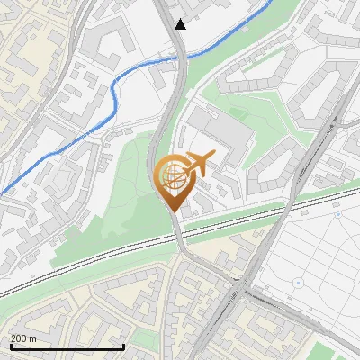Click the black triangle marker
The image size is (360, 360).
point(181,24)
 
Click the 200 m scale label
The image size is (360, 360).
point(24,338)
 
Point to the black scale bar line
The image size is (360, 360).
point(67,346)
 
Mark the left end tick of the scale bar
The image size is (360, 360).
point(11,345)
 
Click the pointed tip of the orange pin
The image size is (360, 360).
point(173,211)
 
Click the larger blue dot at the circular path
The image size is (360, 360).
point(298,283)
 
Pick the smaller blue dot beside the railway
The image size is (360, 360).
point(337,215)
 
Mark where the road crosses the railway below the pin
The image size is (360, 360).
point(178,236)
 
